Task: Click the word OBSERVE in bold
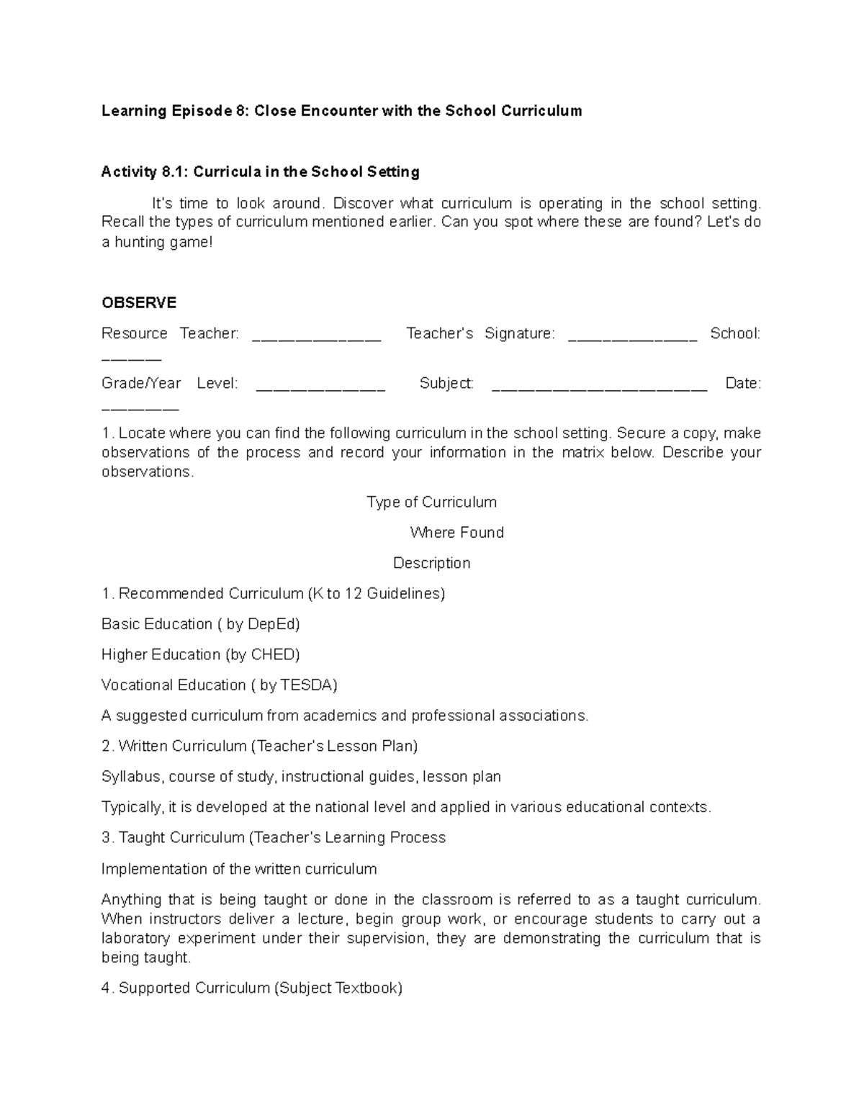click(139, 302)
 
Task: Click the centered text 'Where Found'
click(456, 533)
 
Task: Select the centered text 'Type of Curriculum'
click(431, 502)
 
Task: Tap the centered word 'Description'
click(431, 563)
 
